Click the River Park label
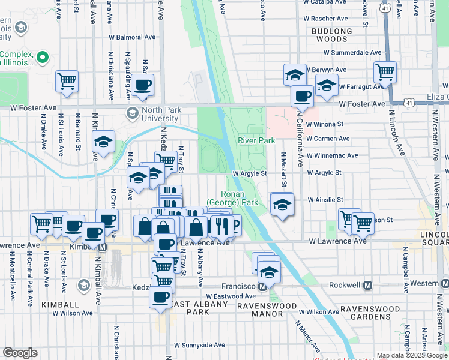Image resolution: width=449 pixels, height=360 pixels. [256, 140]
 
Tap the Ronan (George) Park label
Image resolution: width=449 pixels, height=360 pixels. [240, 198]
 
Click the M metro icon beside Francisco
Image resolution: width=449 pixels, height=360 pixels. [262, 287]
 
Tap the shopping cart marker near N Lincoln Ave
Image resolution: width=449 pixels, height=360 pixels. [385, 73]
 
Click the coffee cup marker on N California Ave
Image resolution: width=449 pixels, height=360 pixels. [302, 96]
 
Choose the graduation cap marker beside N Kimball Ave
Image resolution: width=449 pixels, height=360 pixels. [103, 142]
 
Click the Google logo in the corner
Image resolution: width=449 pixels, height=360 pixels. [20, 353]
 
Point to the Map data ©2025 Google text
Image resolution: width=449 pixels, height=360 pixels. [412, 355]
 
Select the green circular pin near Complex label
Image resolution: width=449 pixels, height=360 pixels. [42, 58]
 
